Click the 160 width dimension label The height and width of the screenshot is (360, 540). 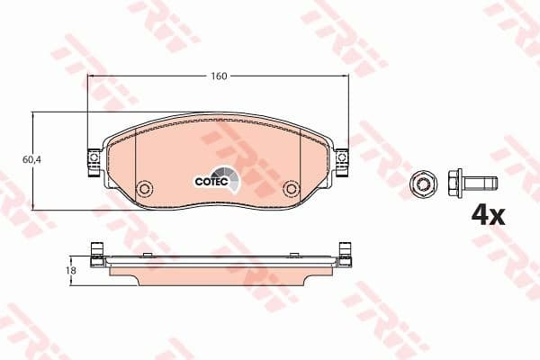(x=218, y=76)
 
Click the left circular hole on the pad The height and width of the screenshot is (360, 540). (x=143, y=190)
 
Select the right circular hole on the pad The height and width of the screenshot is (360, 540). (x=290, y=190)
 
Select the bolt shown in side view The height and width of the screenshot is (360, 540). (x=473, y=182)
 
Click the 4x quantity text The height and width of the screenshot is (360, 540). (x=489, y=215)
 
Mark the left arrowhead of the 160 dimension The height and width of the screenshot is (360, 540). (x=90, y=76)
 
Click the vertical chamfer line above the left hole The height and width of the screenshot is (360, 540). (x=135, y=153)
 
